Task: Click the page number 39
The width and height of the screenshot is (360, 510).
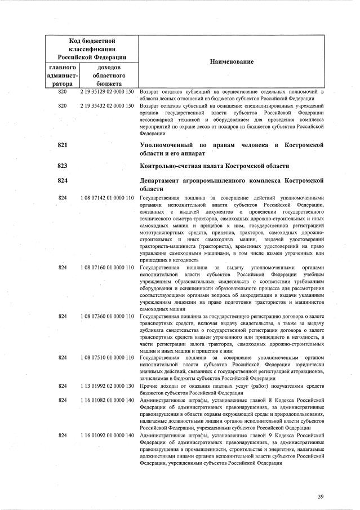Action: [321, 496]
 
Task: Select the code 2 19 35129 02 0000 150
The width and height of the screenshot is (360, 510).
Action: [106, 92]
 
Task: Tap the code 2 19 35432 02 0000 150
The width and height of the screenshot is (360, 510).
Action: [106, 106]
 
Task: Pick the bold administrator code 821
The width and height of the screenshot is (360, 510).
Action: [63, 145]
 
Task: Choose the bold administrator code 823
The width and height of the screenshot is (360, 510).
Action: [63, 166]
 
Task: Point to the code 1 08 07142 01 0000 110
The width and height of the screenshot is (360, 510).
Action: [106, 198]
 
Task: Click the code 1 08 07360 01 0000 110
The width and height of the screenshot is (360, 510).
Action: [106, 318]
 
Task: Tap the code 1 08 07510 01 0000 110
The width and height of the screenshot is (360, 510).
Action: [106, 358]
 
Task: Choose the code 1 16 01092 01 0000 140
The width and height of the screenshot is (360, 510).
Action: [106, 436]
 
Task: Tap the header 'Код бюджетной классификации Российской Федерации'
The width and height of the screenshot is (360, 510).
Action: [92, 49]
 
